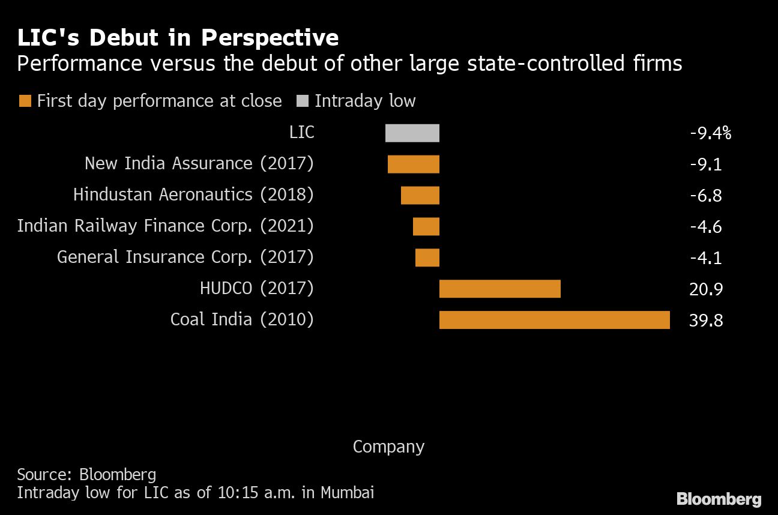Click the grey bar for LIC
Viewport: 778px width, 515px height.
[x=412, y=133]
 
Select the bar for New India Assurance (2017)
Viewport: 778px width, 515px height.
[x=413, y=164]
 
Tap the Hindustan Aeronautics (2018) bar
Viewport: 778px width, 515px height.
[x=420, y=195]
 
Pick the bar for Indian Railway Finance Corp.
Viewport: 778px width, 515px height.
[x=426, y=226]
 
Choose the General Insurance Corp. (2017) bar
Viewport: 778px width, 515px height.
[x=427, y=257]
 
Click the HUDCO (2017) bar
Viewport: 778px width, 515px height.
[x=499, y=289]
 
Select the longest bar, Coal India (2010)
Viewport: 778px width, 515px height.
[x=554, y=320]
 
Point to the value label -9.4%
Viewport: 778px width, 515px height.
[x=710, y=133]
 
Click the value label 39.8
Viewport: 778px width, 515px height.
[x=706, y=321]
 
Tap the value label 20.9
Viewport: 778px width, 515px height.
[x=706, y=289]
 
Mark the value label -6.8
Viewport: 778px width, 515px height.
[x=706, y=196]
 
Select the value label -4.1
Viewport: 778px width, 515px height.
[x=706, y=258]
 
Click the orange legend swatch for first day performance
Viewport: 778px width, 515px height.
[x=25, y=101]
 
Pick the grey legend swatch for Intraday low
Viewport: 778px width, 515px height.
[x=303, y=101]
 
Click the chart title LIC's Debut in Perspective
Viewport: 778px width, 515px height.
[x=178, y=38]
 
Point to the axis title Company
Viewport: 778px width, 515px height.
[x=388, y=447]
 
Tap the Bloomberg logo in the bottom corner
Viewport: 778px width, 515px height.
[x=719, y=499]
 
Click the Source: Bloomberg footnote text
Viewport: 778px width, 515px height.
[x=86, y=475]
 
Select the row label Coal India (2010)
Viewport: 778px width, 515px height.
[x=242, y=319]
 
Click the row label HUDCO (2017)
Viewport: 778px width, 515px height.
[x=256, y=288]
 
